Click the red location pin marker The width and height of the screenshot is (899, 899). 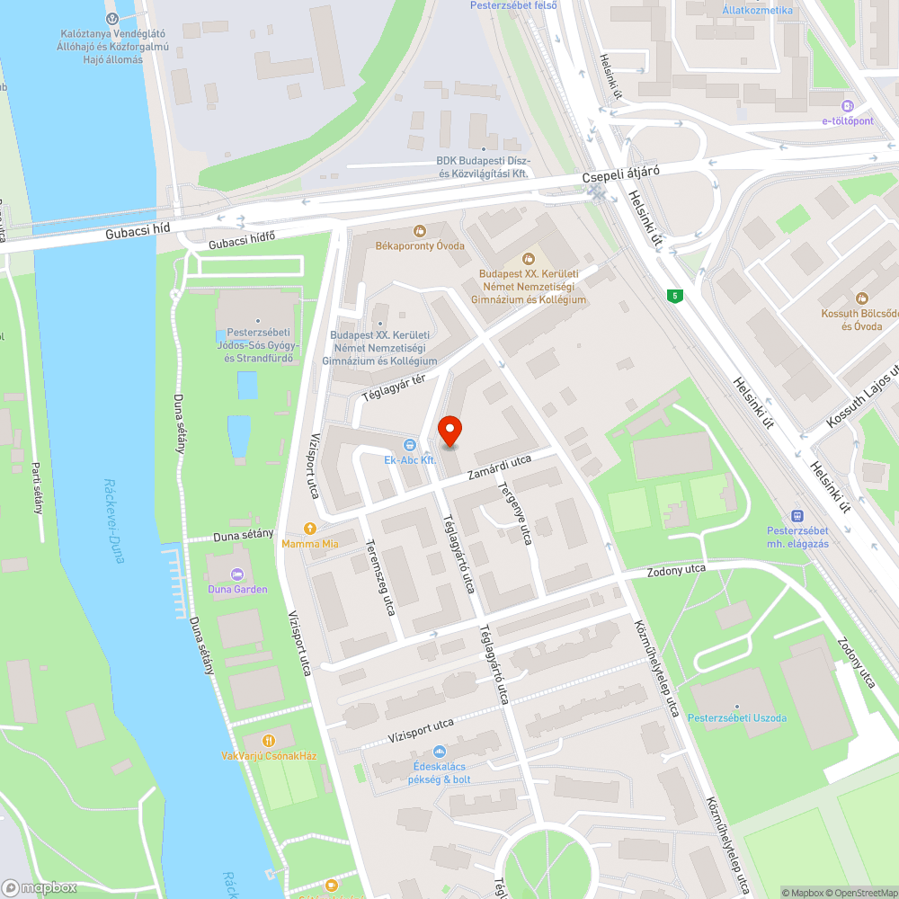449,432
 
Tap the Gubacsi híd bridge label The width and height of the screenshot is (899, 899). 137,229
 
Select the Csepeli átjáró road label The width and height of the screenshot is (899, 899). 621,177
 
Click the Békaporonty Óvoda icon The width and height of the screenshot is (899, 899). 419,231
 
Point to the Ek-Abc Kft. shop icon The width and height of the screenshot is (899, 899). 409,444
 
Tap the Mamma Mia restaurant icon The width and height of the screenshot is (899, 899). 310,529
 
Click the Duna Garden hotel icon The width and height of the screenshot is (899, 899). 237,574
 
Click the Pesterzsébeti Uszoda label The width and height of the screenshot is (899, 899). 737,717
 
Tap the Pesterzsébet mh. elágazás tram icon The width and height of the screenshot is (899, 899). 797,516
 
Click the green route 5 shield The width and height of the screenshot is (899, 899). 673,295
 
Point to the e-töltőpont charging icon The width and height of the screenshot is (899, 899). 847,105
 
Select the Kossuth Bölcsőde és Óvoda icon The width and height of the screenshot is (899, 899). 862,298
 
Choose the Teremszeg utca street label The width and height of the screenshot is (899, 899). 383,576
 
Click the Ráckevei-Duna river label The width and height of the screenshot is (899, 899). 113,521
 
